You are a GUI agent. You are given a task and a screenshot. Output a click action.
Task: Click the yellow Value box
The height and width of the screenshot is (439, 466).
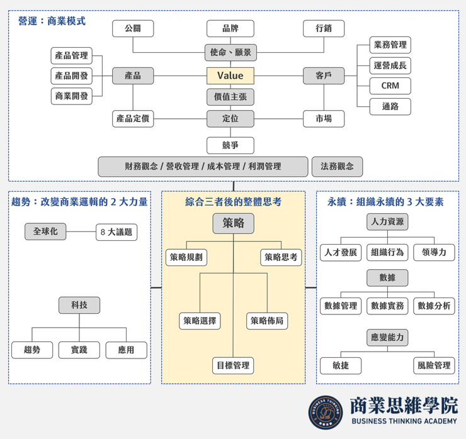[x=230, y=75]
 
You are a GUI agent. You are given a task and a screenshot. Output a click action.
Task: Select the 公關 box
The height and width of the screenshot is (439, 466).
[x=133, y=28]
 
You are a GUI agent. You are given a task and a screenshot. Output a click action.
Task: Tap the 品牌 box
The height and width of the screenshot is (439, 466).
[x=230, y=28]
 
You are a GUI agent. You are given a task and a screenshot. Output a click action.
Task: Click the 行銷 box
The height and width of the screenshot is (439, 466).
[x=324, y=28]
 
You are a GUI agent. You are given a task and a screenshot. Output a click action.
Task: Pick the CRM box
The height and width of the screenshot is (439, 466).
[x=390, y=86]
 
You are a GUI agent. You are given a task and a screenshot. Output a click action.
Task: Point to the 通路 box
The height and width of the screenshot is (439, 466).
[x=390, y=106]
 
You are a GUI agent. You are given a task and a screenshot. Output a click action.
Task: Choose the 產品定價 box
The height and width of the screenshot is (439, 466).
[x=133, y=118]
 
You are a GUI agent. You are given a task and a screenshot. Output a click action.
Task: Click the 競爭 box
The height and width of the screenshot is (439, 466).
[x=230, y=145]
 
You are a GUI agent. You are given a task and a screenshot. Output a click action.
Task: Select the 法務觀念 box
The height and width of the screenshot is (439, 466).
[x=337, y=167]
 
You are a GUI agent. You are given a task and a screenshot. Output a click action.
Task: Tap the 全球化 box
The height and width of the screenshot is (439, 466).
[x=45, y=231]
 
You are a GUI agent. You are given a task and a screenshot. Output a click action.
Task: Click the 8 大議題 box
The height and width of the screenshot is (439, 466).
[x=116, y=232]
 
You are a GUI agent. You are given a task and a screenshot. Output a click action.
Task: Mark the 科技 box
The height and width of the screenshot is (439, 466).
[x=79, y=305]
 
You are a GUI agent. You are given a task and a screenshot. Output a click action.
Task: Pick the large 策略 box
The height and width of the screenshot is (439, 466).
[x=233, y=223]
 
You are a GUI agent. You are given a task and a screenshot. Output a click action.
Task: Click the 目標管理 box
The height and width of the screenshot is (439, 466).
[x=233, y=365]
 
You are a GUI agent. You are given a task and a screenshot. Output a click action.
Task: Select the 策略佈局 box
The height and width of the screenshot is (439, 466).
[x=267, y=321]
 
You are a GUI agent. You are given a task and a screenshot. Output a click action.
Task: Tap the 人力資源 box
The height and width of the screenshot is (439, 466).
[x=387, y=222]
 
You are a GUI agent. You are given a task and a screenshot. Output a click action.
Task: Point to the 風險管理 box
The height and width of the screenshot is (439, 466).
[x=434, y=365]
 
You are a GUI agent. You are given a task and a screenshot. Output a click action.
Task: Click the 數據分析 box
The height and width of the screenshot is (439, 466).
[x=434, y=306]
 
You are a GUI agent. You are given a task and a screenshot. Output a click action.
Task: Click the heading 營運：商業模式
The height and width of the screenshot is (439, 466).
[x=52, y=21]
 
